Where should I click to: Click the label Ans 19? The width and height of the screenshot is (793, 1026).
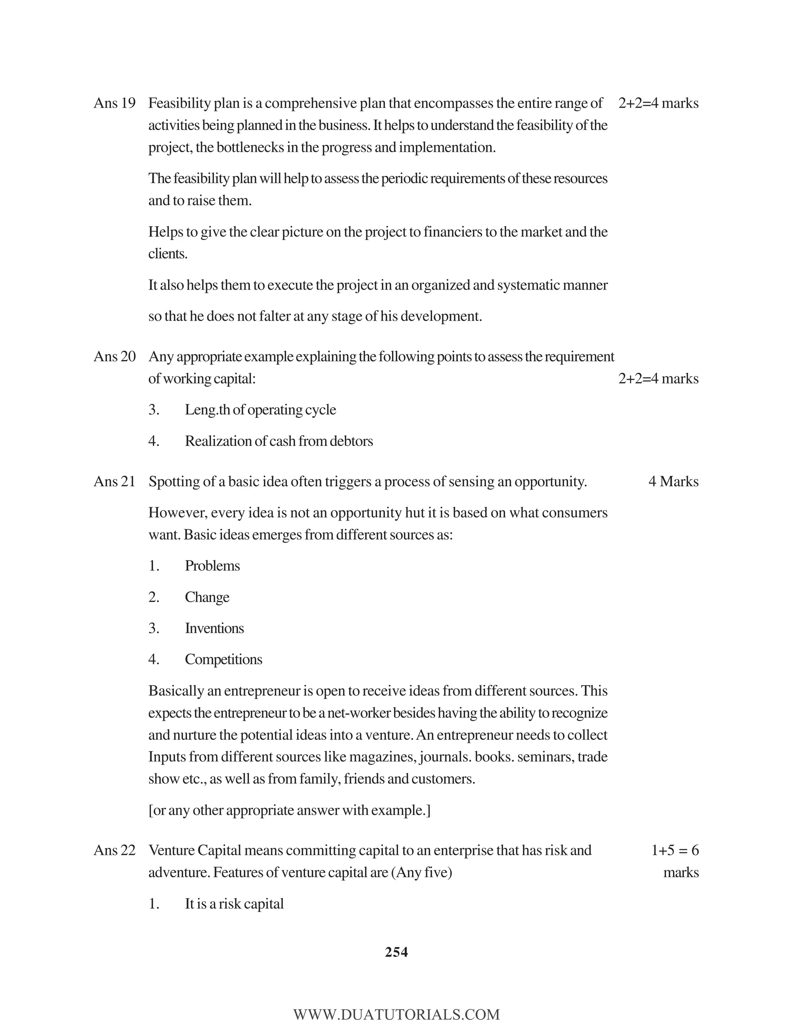[114, 103]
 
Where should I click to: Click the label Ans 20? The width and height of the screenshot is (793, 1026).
[114, 357]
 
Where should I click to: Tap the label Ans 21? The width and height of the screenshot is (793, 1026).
[114, 482]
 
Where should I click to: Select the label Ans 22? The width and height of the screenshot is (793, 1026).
[114, 850]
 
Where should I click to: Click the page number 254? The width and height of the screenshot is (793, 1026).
[396, 952]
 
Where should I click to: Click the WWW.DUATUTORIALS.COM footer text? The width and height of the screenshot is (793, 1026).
[396, 1015]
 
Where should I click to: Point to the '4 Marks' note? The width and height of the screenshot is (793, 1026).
[673, 482]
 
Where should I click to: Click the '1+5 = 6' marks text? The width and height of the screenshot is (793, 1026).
[675, 850]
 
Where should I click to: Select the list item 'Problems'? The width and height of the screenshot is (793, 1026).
[212, 566]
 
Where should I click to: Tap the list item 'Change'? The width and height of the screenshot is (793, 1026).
[207, 597]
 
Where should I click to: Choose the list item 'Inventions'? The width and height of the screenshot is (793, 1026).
[214, 628]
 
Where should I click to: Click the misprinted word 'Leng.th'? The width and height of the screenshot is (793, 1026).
[207, 410]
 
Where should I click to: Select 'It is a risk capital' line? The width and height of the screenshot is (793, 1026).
[234, 904]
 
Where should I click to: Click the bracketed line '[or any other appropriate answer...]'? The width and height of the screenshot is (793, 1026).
[289, 810]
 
